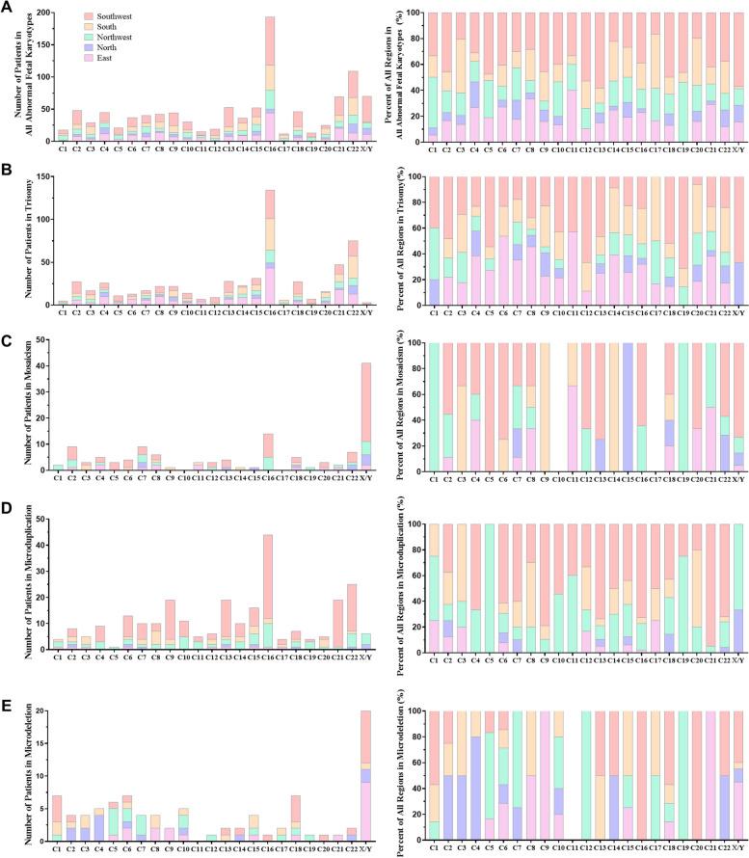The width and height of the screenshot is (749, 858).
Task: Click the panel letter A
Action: [x=9, y=8]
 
